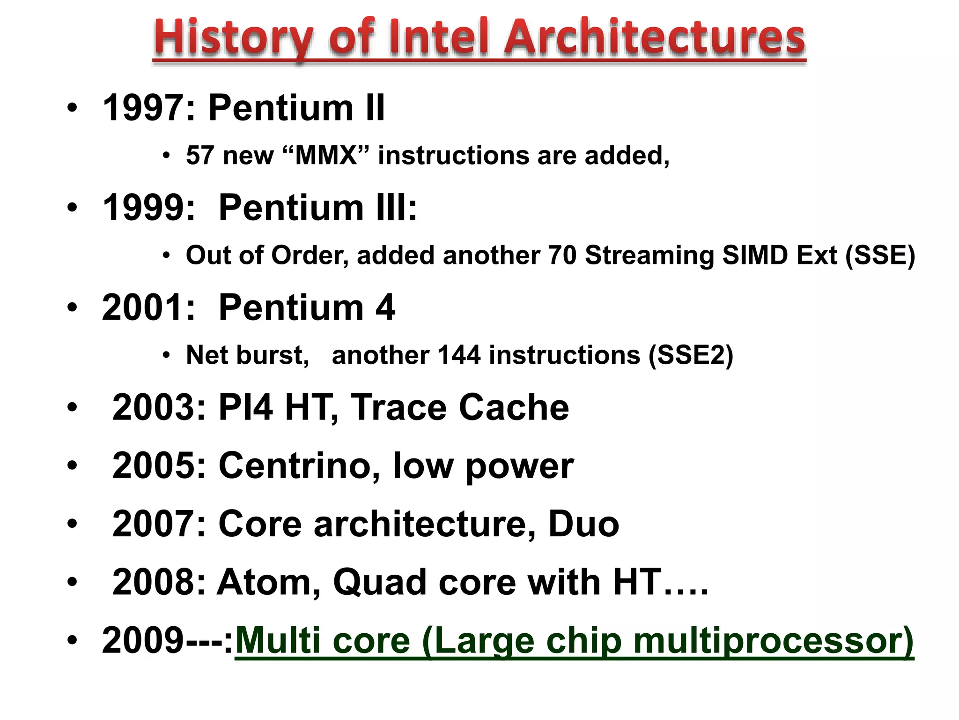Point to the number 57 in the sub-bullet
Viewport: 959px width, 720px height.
click(200, 156)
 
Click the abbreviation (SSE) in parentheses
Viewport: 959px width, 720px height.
click(880, 255)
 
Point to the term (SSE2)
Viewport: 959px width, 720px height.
click(691, 355)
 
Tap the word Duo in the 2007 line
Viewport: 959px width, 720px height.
click(583, 524)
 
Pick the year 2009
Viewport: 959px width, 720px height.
click(143, 640)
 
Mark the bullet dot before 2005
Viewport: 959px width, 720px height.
click(72, 465)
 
